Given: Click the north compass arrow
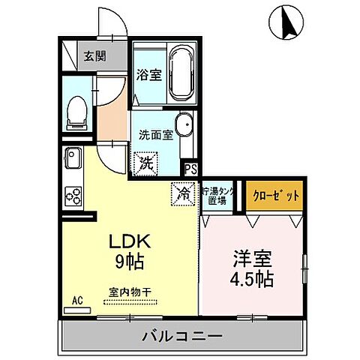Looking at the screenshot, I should (286, 22).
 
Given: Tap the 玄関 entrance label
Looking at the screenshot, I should (94, 55).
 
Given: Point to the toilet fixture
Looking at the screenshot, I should (76, 113).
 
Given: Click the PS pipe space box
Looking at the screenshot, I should (190, 169).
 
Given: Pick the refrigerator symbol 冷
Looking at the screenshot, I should (182, 193).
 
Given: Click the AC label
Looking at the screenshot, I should (77, 301).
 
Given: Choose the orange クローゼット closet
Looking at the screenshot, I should (275, 194).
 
